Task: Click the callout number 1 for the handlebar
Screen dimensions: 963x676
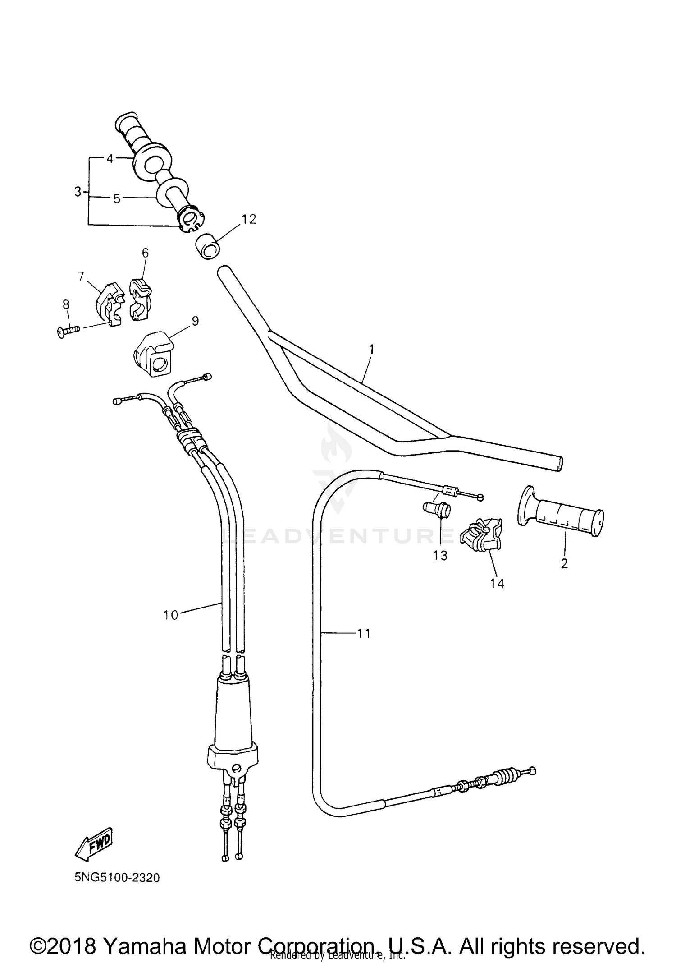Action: [x=371, y=349]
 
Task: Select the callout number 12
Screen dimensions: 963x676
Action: [x=249, y=219]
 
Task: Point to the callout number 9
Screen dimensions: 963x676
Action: [x=195, y=321]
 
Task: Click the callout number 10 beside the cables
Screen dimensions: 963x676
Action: [x=171, y=615]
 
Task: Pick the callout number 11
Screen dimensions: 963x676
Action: [x=364, y=633]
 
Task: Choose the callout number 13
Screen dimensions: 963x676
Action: [x=440, y=555]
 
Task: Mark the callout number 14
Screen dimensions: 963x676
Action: [x=497, y=583]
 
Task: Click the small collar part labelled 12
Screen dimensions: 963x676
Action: [x=206, y=246]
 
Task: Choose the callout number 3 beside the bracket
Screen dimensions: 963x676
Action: [x=78, y=192]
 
